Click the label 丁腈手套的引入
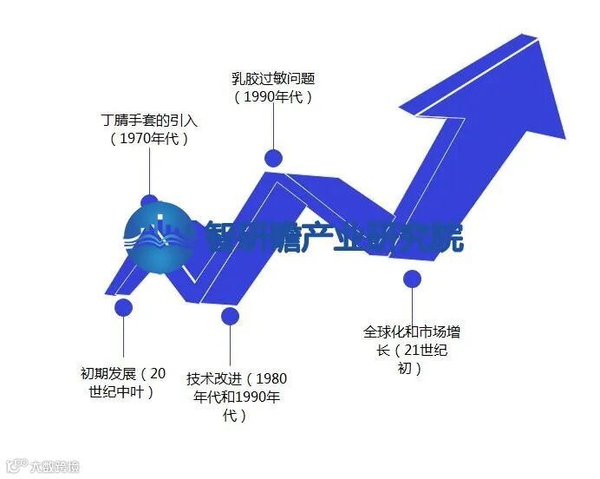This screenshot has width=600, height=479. [x=149, y=121]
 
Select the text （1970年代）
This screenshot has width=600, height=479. [x=149, y=138]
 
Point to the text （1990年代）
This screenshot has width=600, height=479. [x=272, y=96]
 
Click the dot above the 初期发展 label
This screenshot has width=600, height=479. [x=123, y=306]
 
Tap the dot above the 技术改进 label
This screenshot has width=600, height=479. [x=229, y=315]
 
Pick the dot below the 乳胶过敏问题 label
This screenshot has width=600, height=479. [x=273, y=157]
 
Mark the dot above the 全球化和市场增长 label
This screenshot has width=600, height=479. [x=413, y=279]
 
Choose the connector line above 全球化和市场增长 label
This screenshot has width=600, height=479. [x=413, y=304]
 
